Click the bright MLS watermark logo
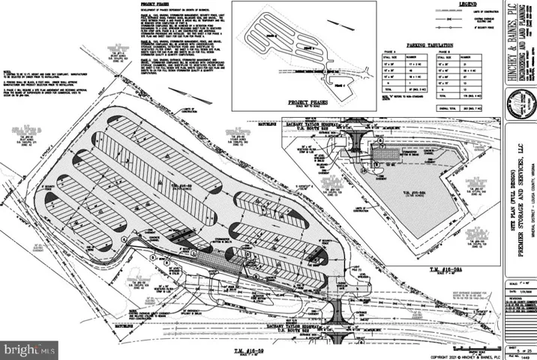click(x=29, y=349)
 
